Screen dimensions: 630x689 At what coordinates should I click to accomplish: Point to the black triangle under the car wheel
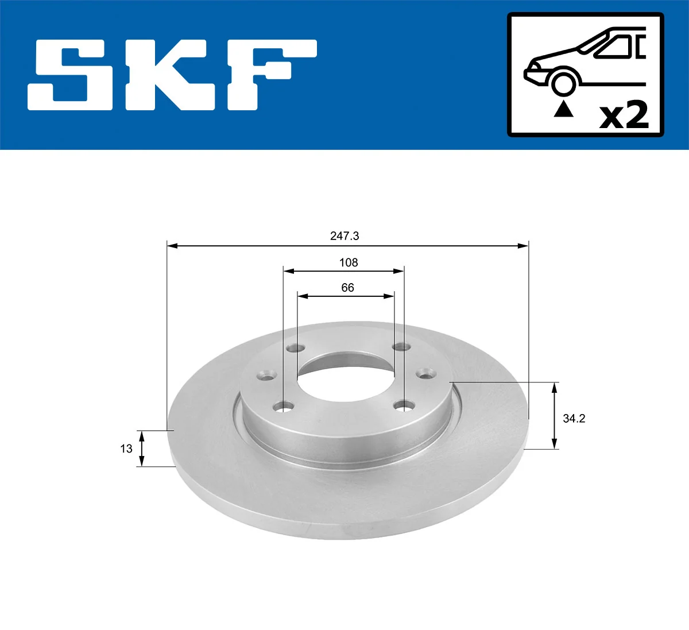(563, 109)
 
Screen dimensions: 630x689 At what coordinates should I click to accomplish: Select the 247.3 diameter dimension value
(344, 236)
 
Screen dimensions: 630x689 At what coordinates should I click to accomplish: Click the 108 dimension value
(349, 262)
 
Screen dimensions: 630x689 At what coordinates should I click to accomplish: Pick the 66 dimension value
(347, 288)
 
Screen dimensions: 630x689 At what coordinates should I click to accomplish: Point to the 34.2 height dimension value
(574, 419)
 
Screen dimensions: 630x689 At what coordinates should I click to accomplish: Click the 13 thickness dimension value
(126, 449)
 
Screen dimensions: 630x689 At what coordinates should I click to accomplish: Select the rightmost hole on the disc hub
(425, 374)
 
